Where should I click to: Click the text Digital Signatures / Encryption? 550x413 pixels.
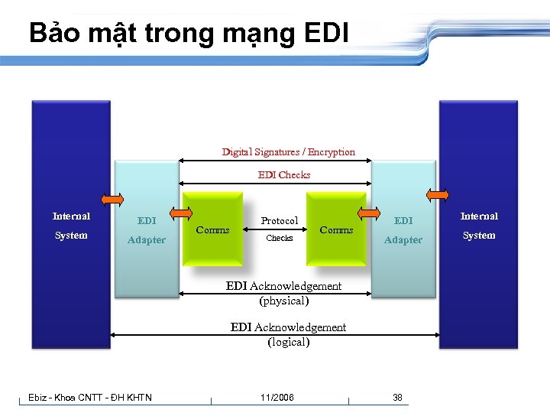(288, 151)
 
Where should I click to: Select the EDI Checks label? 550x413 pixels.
(284, 174)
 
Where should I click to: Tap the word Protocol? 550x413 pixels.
(280, 221)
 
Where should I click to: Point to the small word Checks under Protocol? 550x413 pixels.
(279, 239)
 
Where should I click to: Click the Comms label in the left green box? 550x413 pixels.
(212, 229)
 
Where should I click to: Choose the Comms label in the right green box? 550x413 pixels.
(336, 229)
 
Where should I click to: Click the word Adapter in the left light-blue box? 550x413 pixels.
(146, 239)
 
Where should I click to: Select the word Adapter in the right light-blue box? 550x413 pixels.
(403, 239)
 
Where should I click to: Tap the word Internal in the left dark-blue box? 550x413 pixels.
(71, 216)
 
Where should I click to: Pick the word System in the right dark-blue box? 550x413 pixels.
(479, 236)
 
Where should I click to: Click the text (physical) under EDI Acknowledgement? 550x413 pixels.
(283, 301)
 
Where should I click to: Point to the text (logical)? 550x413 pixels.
(288, 342)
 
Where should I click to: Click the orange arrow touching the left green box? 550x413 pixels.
(182, 214)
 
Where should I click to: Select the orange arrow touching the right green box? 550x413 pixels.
(370, 214)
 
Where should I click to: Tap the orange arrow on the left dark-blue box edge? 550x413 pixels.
(112, 200)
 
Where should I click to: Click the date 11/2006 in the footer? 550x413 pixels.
(277, 397)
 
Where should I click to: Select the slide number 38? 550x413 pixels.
(397, 397)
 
